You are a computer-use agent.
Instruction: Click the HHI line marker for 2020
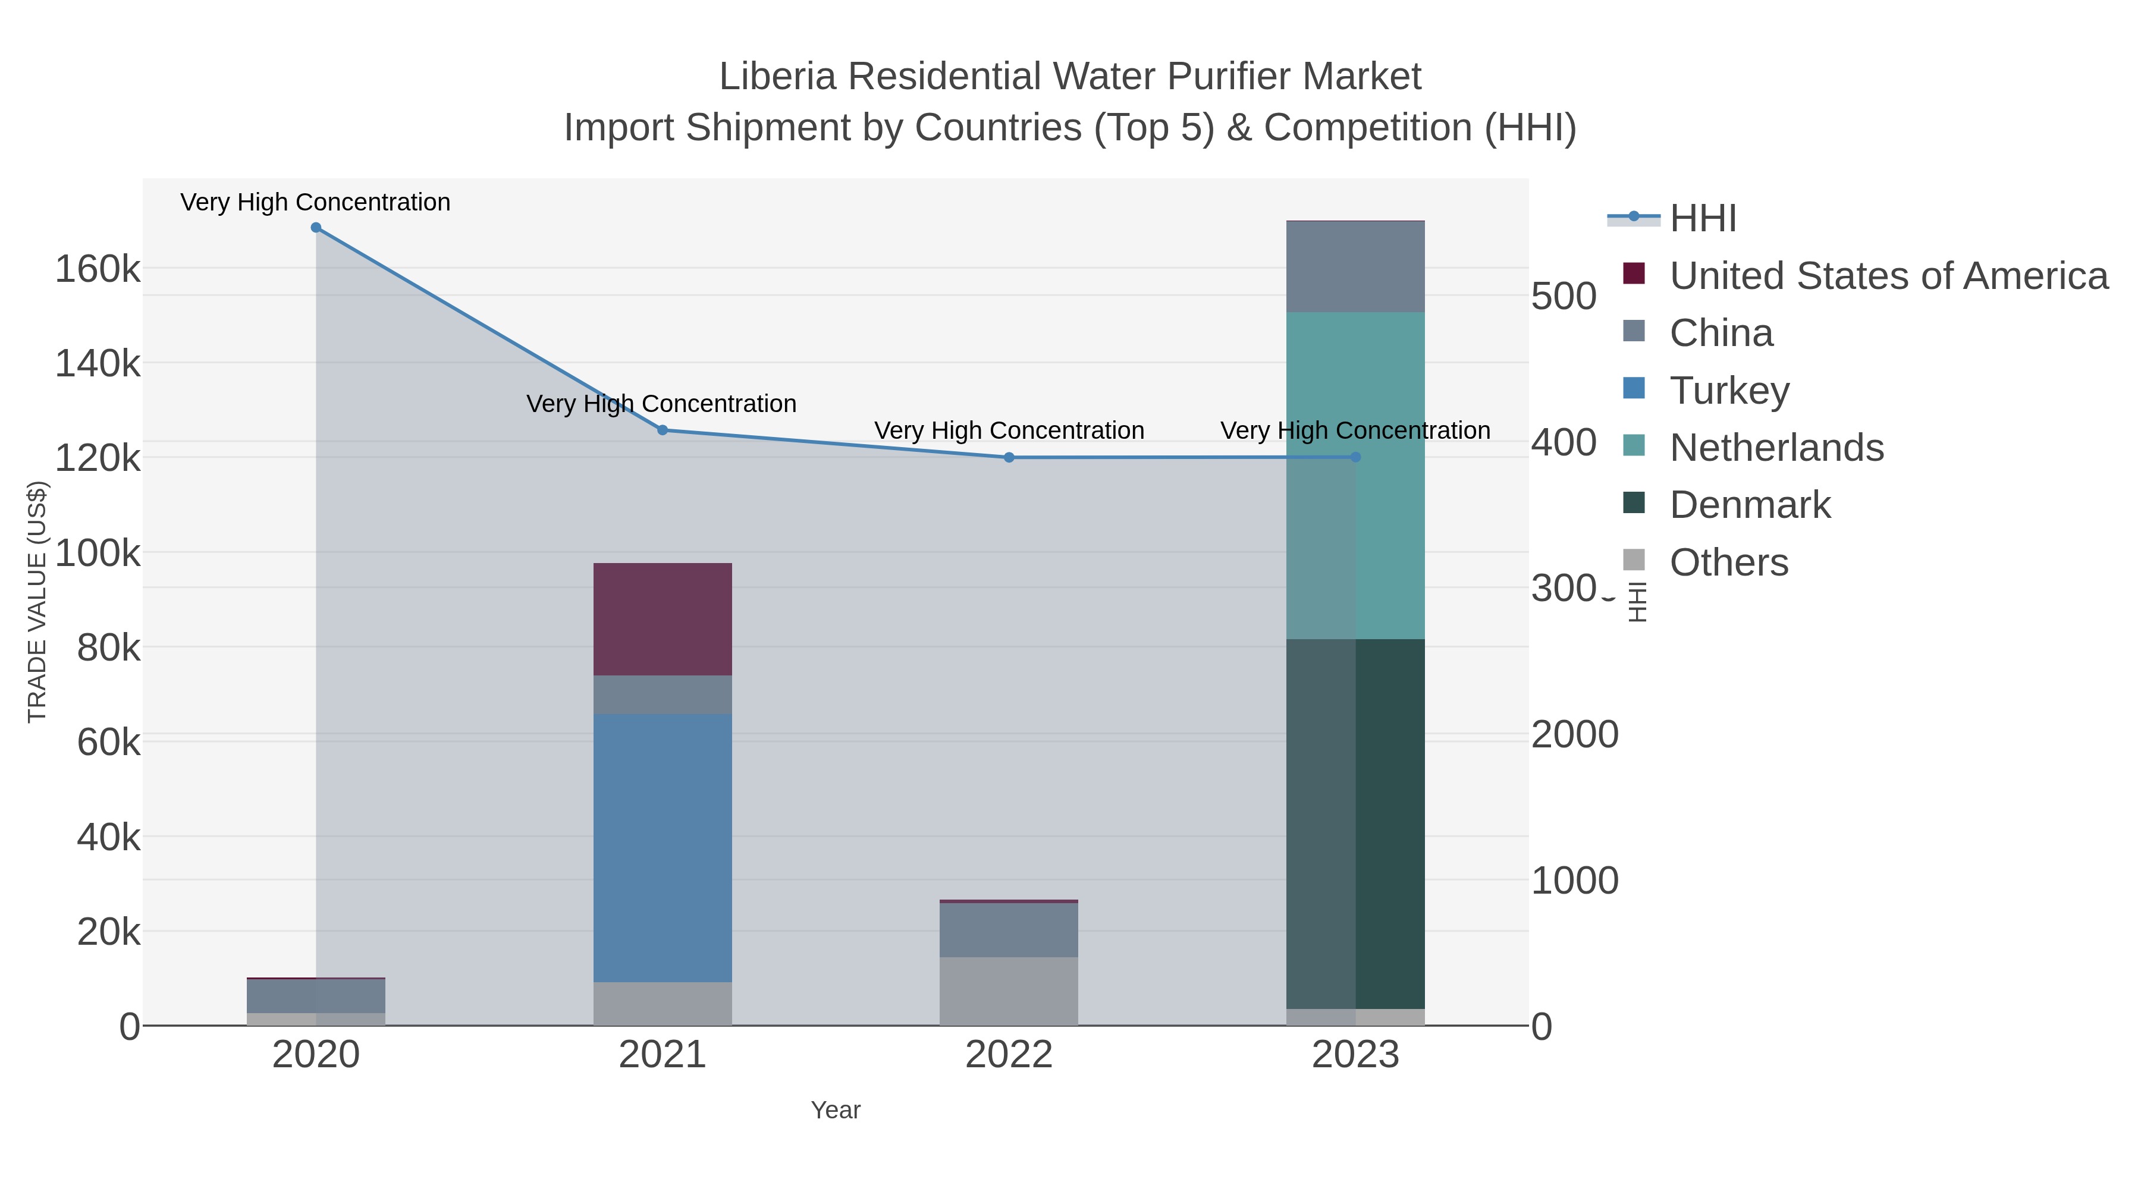pos(316,228)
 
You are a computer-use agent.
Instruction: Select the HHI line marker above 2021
pos(663,430)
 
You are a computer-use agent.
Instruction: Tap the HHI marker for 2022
pos(1009,458)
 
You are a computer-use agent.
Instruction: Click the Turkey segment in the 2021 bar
pos(663,847)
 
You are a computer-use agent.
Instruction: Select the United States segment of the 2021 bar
pos(663,619)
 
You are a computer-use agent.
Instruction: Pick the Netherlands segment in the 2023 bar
pos(1355,475)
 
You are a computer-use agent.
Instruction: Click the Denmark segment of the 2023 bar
pos(1355,823)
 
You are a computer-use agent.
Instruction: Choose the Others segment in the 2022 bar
pos(1009,991)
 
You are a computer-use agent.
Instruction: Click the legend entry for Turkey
pos(1729,391)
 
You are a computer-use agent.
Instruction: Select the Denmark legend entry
pos(1750,505)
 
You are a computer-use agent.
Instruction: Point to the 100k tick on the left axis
pos(98,552)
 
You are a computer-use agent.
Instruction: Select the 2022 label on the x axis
pos(1009,1055)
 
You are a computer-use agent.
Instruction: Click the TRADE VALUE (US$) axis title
pos(37,602)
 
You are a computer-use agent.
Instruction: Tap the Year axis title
pos(836,1110)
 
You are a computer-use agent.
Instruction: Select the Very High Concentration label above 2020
pos(316,202)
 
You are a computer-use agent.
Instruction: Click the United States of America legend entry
pos(1888,276)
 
